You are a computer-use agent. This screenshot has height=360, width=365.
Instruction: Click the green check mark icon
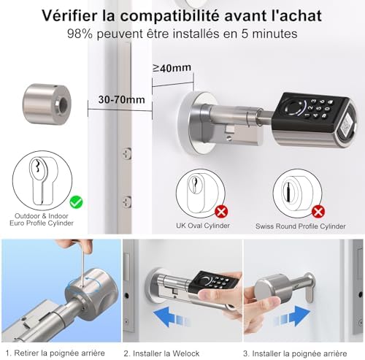coord(76,202)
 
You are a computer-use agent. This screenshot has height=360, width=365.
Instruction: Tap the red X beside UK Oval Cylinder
coord(221,212)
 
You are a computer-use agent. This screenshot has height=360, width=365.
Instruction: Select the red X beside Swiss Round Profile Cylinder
coord(318,211)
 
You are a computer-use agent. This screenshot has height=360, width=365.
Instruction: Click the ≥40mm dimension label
coord(172,68)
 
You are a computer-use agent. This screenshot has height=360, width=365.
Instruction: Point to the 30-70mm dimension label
coord(121,99)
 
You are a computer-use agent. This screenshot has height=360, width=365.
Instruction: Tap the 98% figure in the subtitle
coord(80,34)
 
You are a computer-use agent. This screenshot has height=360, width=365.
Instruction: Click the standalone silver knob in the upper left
coord(47,104)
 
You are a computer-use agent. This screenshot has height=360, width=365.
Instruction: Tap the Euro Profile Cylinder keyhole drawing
coord(42,180)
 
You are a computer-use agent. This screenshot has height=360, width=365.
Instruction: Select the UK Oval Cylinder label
coord(203,226)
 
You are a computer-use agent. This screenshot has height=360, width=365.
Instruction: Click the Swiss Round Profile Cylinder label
coord(301,226)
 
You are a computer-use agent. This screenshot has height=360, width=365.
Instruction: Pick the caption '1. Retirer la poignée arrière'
coord(55,353)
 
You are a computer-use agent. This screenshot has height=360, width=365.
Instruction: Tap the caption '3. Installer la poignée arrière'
coord(295,353)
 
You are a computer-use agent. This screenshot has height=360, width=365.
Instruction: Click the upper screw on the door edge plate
coord(126,154)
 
